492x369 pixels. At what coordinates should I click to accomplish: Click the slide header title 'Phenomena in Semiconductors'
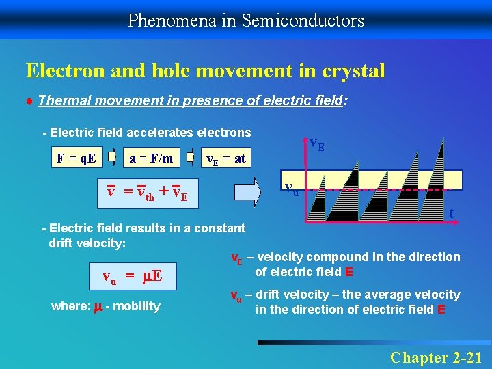click(x=246, y=20)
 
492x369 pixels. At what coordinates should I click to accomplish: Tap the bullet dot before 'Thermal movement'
click(x=30, y=102)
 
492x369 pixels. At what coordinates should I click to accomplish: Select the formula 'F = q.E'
click(x=76, y=159)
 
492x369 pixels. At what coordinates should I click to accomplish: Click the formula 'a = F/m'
click(x=151, y=159)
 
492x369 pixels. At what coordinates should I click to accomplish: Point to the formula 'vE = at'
click(x=226, y=159)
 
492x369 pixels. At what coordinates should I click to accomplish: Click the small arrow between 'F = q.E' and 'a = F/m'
click(x=111, y=159)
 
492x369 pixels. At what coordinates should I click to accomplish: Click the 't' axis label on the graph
click(x=452, y=214)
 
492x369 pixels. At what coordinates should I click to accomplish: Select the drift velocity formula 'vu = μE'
click(x=131, y=276)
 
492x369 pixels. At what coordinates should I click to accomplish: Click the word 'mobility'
click(x=137, y=306)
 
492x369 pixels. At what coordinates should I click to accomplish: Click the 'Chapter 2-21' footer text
click(x=436, y=357)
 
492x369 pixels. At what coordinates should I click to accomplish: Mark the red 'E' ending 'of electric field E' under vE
click(x=349, y=272)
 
